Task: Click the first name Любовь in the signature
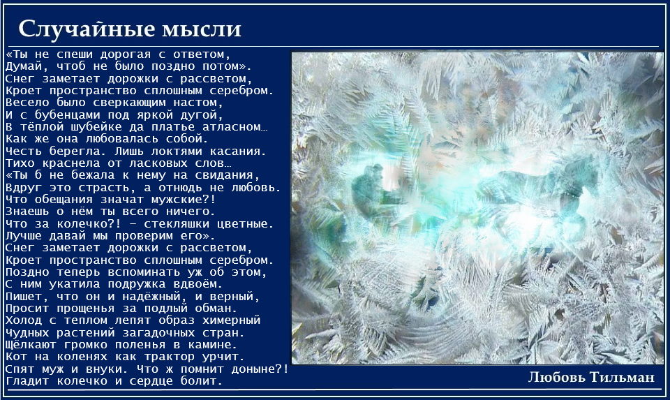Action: click(x=557, y=377)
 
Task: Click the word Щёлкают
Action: click(x=31, y=344)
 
